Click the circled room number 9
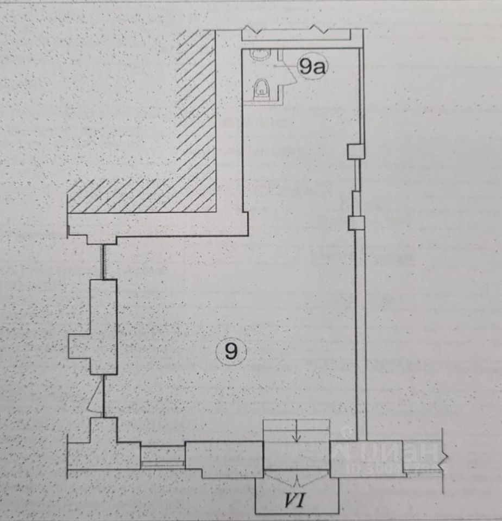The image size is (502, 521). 231,353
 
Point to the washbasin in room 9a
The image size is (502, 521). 258,54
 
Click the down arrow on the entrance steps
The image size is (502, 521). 296,434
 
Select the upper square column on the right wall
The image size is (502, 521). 355,151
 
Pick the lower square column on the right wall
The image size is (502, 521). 356,222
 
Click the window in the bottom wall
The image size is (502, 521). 162,456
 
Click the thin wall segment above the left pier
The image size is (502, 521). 103,262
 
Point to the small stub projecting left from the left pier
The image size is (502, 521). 79,346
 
